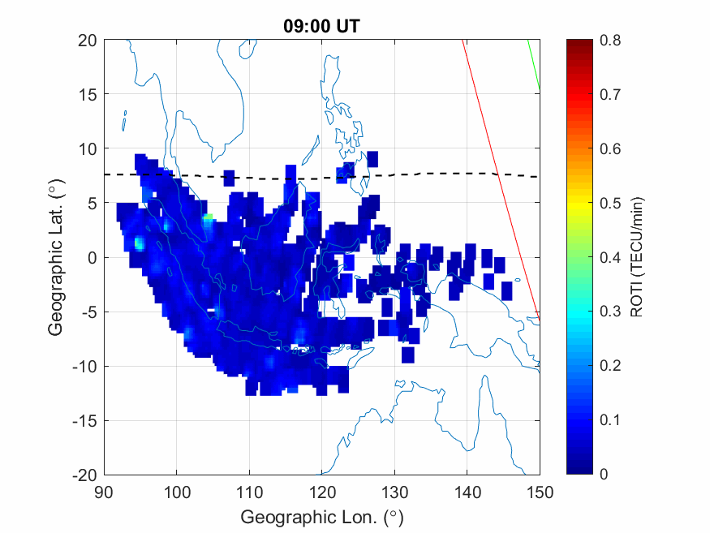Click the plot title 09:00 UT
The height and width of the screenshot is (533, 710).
point(321,26)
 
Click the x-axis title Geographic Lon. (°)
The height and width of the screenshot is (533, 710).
point(321,517)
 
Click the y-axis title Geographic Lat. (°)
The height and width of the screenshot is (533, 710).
point(55,257)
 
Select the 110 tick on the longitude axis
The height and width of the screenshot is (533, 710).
point(249,492)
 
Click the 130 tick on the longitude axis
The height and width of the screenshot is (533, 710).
point(394,492)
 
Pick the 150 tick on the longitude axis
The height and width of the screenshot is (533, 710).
point(540,492)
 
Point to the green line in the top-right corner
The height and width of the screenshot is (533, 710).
point(534,65)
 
